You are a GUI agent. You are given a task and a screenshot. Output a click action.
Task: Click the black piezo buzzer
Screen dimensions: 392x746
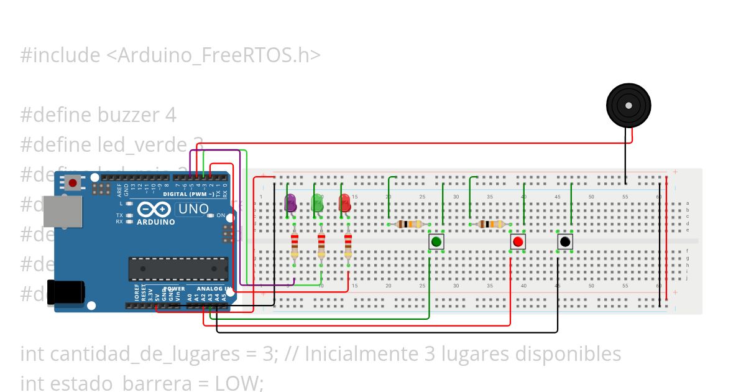629,106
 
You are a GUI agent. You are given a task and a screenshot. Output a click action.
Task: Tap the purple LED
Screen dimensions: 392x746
290,203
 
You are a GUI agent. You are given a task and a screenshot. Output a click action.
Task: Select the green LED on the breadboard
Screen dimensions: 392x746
318,203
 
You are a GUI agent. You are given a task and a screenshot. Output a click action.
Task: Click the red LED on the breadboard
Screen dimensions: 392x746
344,203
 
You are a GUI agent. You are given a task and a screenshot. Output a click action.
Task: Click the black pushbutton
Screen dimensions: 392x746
564,241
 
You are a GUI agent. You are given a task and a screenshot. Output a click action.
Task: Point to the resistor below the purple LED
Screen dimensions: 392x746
294,245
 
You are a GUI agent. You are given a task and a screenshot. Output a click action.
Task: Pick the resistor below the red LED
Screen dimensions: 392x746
348,245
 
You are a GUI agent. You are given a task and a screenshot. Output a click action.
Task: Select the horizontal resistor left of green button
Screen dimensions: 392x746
409,224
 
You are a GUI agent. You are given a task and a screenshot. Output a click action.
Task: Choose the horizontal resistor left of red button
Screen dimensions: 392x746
491,224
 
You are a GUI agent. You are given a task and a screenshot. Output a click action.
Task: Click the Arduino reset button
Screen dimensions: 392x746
73,183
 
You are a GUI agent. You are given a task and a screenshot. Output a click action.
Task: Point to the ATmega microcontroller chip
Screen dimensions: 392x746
178,268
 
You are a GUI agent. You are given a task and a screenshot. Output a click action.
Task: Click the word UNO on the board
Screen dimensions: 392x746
193,209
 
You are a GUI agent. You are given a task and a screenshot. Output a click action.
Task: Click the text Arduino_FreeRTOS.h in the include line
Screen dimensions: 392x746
213,55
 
